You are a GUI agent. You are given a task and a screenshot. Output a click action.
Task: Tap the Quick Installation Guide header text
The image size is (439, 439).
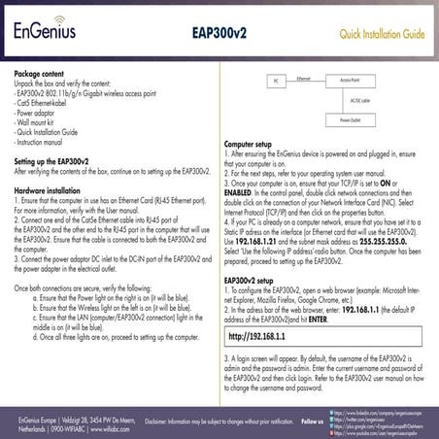pos(381,36)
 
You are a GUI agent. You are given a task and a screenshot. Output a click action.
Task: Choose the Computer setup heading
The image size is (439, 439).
pos(254,143)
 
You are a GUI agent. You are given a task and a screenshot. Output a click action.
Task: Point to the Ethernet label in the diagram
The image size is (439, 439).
pos(304,76)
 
